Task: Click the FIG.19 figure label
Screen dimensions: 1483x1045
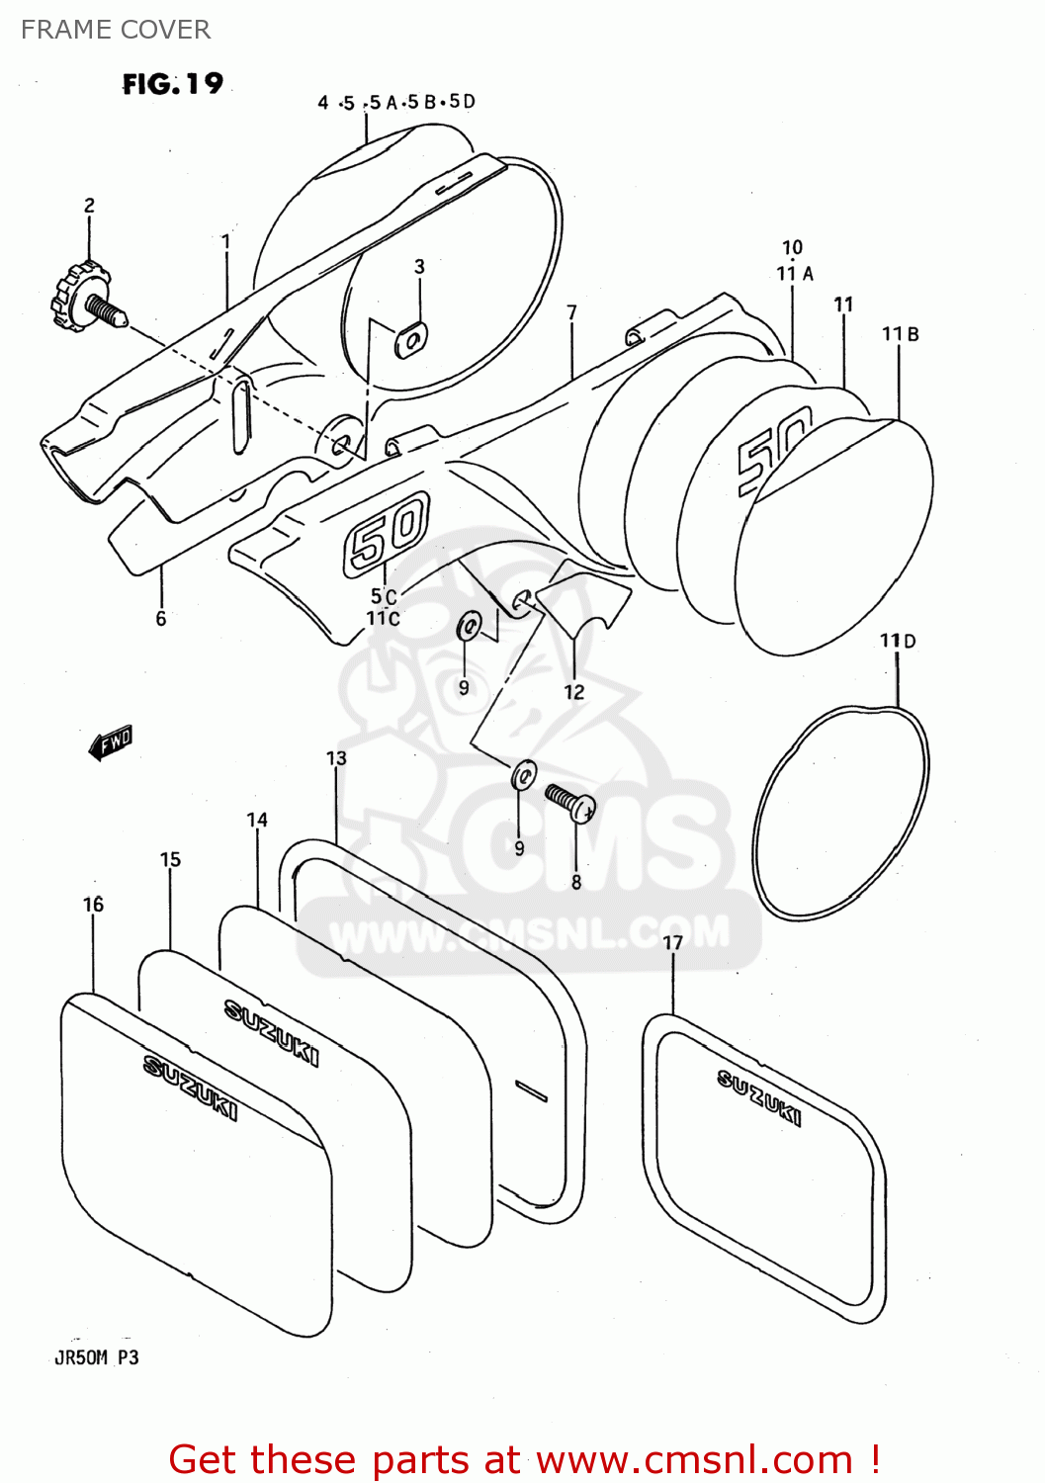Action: [173, 84]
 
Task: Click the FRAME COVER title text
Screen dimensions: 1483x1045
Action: [116, 30]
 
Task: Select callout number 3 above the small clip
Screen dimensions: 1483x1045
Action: [419, 267]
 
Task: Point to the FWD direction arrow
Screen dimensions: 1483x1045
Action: [110, 741]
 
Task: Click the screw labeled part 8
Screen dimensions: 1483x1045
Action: [571, 802]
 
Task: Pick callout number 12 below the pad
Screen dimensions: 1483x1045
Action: [574, 692]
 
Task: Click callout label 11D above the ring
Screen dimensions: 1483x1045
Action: [898, 641]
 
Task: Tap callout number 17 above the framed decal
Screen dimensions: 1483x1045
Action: [673, 942]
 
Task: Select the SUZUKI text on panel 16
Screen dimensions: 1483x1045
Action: [190, 1088]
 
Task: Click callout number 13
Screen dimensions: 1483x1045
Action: [336, 758]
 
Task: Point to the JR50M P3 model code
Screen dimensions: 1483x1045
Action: [96, 1357]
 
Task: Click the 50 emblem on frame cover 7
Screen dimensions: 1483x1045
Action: [386, 534]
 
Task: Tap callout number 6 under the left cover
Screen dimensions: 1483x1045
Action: [161, 619]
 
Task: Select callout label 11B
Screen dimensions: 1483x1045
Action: [900, 334]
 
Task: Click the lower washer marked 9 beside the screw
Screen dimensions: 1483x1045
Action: [524, 775]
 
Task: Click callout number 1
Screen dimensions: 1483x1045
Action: [225, 241]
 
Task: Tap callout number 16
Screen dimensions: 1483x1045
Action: [93, 905]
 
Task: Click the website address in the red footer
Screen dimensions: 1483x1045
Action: [694, 1460]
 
